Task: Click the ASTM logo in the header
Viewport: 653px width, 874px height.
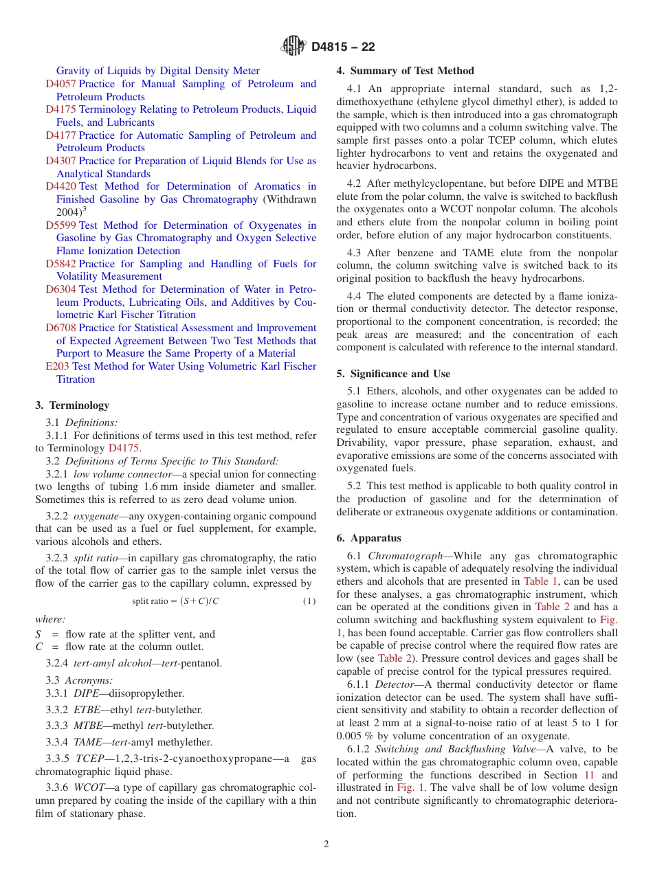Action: coord(294,46)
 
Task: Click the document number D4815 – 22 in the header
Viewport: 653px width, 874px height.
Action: coord(343,47)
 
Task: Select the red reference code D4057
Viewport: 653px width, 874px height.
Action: coord(61,84)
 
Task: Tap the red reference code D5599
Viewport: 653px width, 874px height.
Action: coord(61,225)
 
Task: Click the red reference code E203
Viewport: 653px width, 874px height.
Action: coord(57,366)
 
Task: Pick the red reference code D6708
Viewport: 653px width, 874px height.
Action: coord(61,328)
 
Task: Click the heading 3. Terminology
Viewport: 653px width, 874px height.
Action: coord(72,405)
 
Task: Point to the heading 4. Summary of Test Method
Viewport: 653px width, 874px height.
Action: coord(405,71)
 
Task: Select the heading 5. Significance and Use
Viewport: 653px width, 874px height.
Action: coord(393,374)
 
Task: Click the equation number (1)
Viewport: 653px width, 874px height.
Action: coord(309,601)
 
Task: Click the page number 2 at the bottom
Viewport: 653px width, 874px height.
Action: coord(326,844)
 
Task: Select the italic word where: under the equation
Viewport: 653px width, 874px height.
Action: coord(50,619)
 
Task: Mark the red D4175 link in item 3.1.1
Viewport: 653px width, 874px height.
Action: coord(124,448)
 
